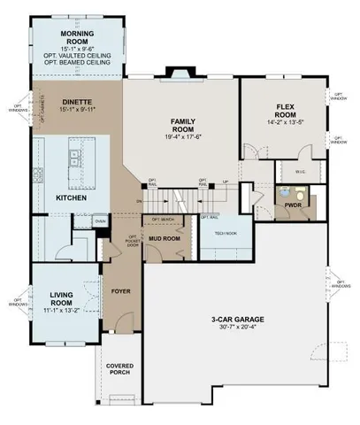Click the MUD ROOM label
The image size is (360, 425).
(x=164, y=238)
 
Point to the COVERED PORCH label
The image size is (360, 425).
(x=119, y=368)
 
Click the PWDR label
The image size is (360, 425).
(x=292, y=205)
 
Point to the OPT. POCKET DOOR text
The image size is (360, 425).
(x=133, y=241)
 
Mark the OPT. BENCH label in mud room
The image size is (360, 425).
(x=162, y=219)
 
